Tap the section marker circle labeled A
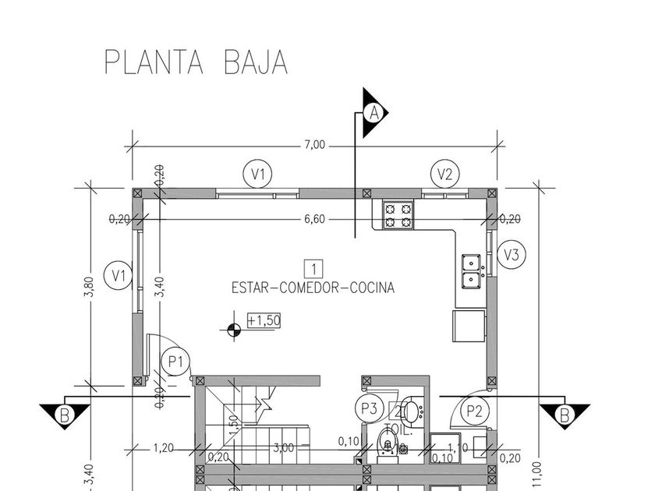click(x=375, y=113)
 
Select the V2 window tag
click(x=444, y=174)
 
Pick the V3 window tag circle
click(x=512, y=254)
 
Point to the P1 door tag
click(x=175, y=361)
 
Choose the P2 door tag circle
click(x=473, y=409)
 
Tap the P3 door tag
click(x=369, y=407)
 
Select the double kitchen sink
click(x=471, y=270)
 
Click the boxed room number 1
click(x=313, y=270)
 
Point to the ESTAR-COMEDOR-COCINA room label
click(x=313, y=287)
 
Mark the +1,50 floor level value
click(x=264, y=320)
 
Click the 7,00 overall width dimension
click(x=315, y=145)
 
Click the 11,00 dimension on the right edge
click(x=536, y=472)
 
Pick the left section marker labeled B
click(x=65, y=415)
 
